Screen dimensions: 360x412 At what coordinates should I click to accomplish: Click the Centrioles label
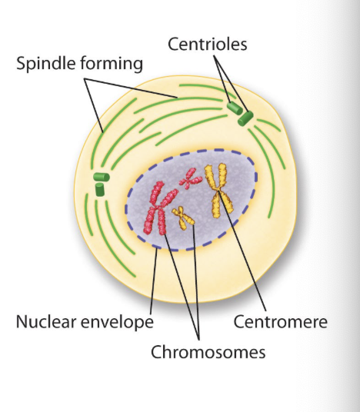pyautogui.click(x=208, y=44)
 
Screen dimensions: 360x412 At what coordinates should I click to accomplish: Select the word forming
pyautogui.click(x=112, y=64)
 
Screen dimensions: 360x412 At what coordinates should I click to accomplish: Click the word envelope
pyautogui.click(x=117, y=323)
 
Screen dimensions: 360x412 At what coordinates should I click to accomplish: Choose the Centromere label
pyautogui.click(x=280, y=321)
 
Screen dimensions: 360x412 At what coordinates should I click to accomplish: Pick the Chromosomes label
pyautogui.click(x=208, y=352)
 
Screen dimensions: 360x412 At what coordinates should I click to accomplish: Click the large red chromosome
pyautogui.click(x=158, y=208)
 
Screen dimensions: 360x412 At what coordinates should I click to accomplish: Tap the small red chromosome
pyautogui.click(x=190, y=179)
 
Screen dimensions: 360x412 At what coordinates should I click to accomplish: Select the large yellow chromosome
pyautogui.click(x=218, y=190)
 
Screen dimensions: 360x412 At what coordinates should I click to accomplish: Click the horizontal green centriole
pyautogui.click(x=102, y=177)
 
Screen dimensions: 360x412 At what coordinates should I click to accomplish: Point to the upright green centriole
pyautogui.click(x=100, y=190)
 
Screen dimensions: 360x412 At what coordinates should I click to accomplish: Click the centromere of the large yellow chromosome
pyautogui.click(x=218, y=190)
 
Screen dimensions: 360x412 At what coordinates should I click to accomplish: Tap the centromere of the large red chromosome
pyautogui.click(x=157, y=208)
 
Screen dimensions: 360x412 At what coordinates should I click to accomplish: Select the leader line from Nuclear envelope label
pyautogui.click(x=154, y=281)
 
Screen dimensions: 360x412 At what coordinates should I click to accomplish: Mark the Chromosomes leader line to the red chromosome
pyautogui.click(x=182, y=287)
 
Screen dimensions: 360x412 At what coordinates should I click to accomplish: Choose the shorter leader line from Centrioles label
pyautogui.click(x=222, y=79)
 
